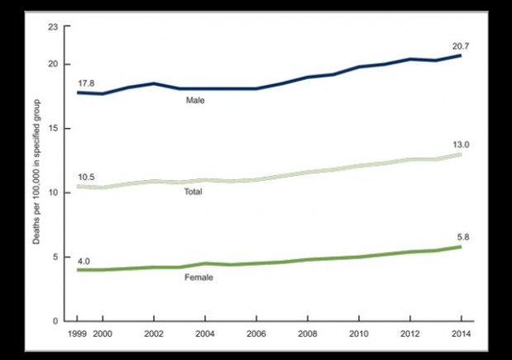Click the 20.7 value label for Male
461,43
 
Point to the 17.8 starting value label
86,83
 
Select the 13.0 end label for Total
461,144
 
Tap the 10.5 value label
86,178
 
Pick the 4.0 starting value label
84,261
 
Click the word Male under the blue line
195,101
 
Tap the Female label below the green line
199,277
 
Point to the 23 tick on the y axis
54,27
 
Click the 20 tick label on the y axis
54,64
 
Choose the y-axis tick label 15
54,129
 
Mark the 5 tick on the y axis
56,257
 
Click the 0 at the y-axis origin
56,321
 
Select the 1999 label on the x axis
77,334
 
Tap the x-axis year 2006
257,334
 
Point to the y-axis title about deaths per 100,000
36,174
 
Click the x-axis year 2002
154,334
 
